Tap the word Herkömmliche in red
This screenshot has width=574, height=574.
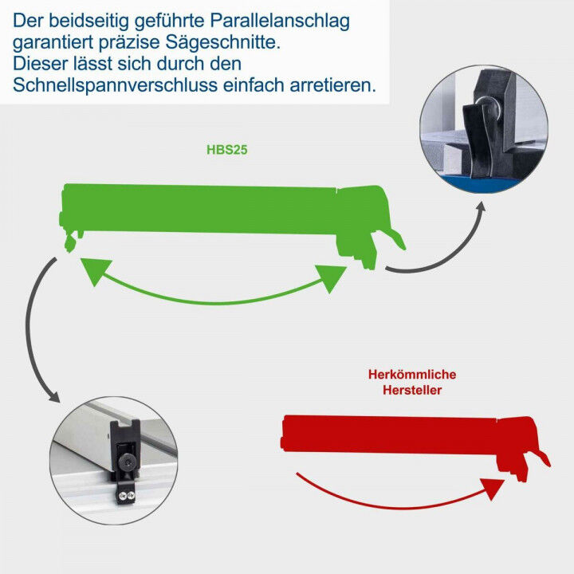coord(412,374)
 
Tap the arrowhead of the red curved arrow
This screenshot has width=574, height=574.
coord(496,488)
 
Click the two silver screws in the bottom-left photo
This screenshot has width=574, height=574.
coord(124,497)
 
